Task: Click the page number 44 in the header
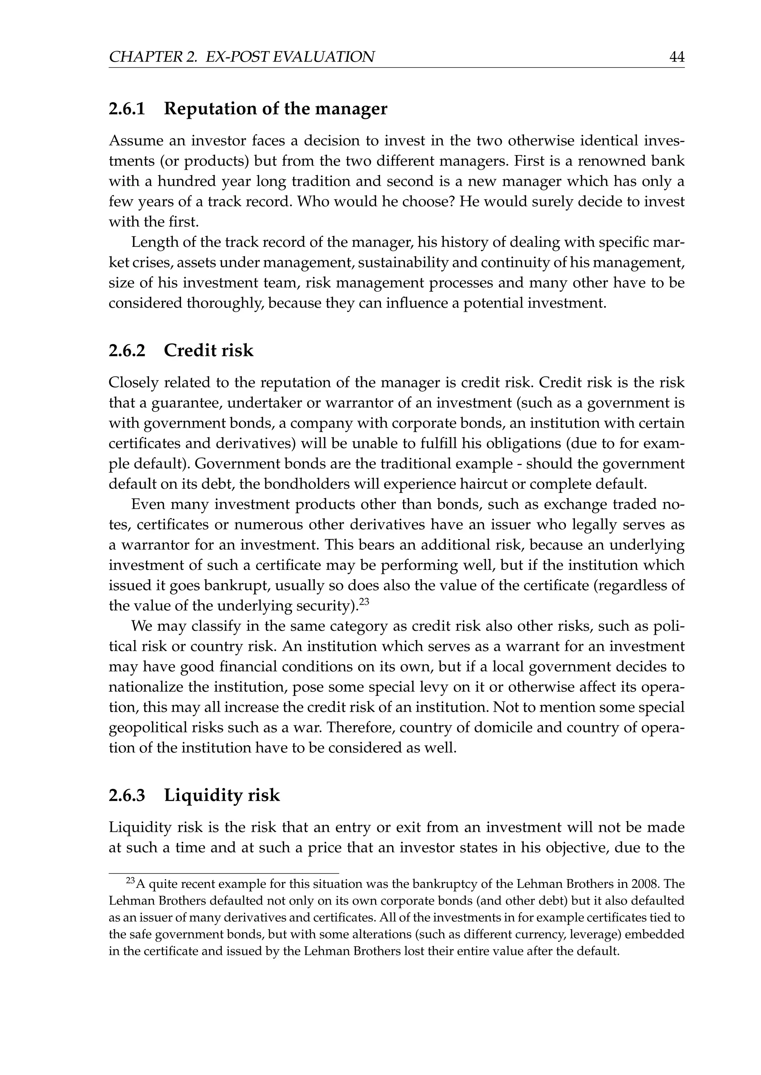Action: (677, 57)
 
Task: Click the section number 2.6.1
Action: (127, 109)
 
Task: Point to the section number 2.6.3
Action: (127, 795)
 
